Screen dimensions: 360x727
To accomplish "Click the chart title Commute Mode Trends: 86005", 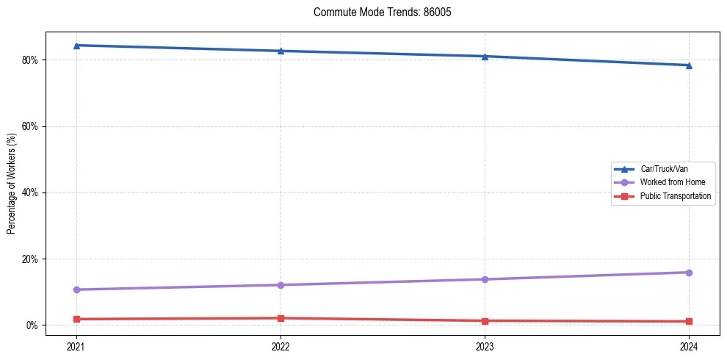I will click(377, 12).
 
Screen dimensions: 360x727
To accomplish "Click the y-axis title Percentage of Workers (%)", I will click(11, 183).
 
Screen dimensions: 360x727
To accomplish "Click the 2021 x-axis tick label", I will click(76, 345).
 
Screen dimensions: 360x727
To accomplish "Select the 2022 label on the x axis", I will click(281, 345).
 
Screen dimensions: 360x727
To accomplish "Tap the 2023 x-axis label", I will click(485, 345).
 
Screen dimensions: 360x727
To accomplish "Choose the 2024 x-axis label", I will click(689, 345).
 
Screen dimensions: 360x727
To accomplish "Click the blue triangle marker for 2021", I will click(76, 46).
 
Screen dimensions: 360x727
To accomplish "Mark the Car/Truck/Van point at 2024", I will click(689, 65).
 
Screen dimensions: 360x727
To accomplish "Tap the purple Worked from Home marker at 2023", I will click(485, 279).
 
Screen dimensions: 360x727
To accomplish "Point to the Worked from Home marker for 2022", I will click(281, 285).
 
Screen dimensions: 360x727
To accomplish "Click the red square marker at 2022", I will click(281, 318).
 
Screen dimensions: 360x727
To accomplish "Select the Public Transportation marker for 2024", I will click(689, 321).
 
